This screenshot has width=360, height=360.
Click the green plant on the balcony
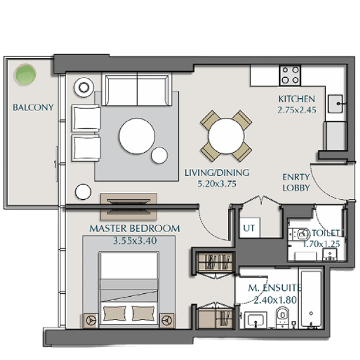coord(25,75)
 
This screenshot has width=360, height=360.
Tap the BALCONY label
coord(33,107)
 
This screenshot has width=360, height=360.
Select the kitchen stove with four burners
coord(290,75)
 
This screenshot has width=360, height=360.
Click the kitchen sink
coord(335,104)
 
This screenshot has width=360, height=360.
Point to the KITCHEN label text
coord(297,99)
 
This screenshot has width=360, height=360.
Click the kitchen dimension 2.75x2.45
coord(297,110)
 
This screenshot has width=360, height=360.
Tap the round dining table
coord(226,136)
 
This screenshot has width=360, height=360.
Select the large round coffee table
coord(137,136)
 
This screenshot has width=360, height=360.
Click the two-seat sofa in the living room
coord(137,90)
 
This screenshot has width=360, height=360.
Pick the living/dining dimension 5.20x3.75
coord(217,184)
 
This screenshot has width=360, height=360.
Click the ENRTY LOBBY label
coord(296,182)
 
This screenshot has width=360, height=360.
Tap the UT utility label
coord(249,228)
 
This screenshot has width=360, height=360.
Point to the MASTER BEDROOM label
coord(135,229)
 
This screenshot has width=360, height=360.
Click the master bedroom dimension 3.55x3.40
coord(135,240)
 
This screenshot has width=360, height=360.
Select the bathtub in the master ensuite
coord(311,299)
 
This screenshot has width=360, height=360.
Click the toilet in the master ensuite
coord(283,316)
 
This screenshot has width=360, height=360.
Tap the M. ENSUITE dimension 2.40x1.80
coord(275,300)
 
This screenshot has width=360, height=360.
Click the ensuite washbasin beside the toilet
coord(255,319)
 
